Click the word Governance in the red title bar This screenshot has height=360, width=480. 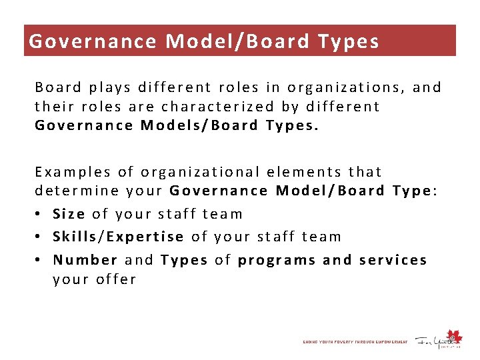tap(93, 41)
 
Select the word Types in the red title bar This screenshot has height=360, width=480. tap(349, 41)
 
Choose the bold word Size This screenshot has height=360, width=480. tap(69, 214)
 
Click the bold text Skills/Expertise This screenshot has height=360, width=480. tap(118, 236)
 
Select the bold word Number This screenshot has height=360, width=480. tap(85, 259)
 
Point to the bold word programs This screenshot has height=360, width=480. tap(277, 259)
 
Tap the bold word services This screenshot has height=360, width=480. tap(393, 259)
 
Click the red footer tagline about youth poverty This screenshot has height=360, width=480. tap(355, 342)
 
